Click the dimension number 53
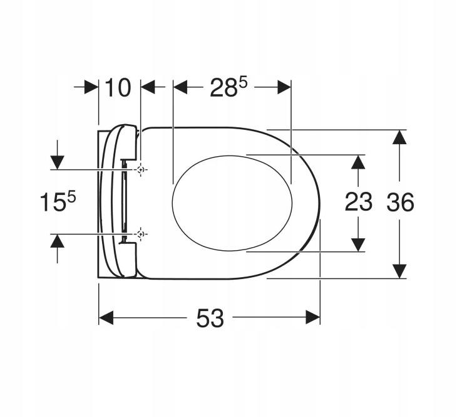pos(210,318)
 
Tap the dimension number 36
pos(400,203)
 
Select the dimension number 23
pos(358,202)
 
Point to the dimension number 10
pos(118,88)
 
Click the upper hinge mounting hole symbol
pos(141,169)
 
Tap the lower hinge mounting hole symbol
pos(141,234)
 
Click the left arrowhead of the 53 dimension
pos(106,317)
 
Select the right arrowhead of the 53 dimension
pos(313,317)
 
